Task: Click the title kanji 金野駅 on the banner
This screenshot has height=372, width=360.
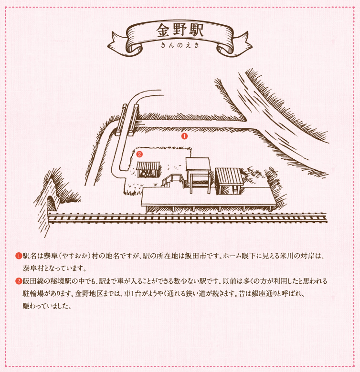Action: tap(180, 30)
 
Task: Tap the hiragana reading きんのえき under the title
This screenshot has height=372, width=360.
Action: tap(180, 45)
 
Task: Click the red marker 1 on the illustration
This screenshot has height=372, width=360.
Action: tap(184, 136)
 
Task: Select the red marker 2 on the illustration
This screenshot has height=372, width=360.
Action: tap(139, 154)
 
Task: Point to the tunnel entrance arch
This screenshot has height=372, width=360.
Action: tap(52, 203)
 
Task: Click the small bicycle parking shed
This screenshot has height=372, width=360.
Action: tap(148, 169)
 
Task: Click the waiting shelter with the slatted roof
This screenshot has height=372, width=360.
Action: tap(229, 181)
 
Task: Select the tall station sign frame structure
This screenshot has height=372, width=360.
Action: tap(198, 175)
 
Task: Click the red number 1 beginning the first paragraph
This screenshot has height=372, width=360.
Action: tap(19, 256)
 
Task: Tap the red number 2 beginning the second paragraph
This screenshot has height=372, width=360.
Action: tap(19, 281)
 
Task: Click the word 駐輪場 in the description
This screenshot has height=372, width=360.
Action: tap(33, 294)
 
